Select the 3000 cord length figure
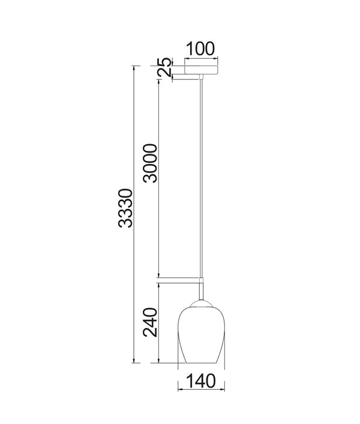150,163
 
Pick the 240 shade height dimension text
150,323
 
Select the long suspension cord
201,180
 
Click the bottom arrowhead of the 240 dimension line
158,362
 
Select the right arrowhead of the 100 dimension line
218,59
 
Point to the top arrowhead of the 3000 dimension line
158,80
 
